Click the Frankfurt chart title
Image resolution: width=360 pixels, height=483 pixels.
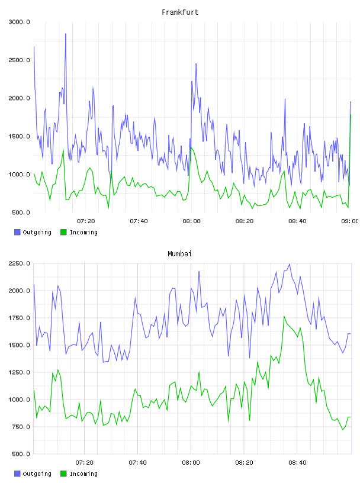point(180,12)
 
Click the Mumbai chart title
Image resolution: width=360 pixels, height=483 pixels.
point(179,254)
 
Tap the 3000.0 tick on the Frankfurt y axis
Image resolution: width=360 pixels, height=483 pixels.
point(19,22)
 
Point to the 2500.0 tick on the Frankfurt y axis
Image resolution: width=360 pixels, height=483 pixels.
point(19,60)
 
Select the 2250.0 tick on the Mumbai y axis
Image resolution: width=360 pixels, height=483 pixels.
point(19,263)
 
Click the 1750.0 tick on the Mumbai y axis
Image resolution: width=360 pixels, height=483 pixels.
point(19,318)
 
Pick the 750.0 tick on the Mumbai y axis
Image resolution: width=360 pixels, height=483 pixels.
point(21,427)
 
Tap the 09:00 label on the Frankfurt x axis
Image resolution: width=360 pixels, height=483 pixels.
point(350,221)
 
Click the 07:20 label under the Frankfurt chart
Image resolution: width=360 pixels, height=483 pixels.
point(86,221)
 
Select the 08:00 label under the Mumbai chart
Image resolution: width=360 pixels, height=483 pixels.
point(191,463)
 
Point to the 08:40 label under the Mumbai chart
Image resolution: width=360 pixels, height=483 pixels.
point(297,463)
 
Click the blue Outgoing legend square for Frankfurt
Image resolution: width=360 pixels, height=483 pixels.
point(17,232)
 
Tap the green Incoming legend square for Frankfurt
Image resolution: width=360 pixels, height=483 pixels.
point(63,232)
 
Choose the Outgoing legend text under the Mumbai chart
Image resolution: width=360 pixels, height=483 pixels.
point(37,474)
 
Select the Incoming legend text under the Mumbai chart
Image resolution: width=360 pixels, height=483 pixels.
point(83,474)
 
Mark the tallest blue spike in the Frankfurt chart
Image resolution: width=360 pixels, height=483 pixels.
point(66,34)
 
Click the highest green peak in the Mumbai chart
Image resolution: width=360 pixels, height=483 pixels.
point(284,316)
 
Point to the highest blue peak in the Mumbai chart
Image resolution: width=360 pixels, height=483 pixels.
point(289,264)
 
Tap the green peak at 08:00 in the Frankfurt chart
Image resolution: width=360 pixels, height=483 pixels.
point(191,148)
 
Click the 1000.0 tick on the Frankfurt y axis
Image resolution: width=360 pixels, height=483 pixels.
point(19,175)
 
